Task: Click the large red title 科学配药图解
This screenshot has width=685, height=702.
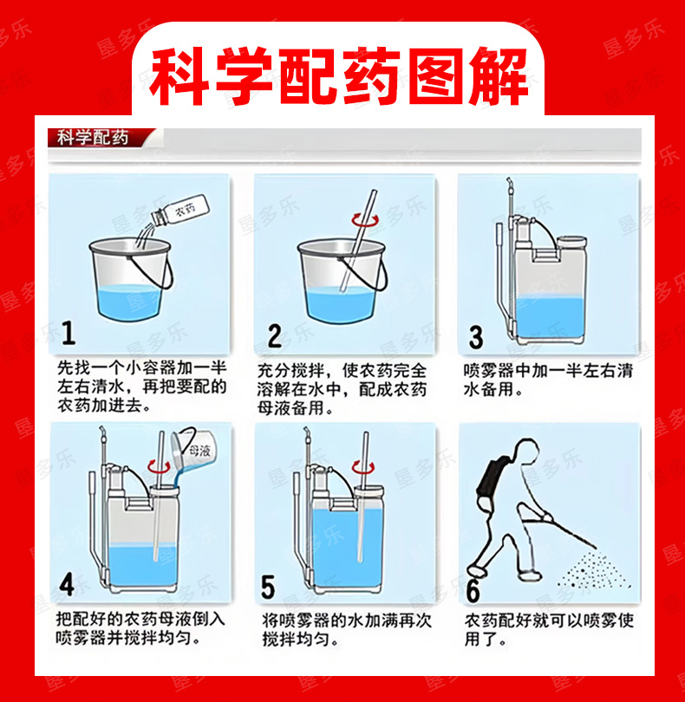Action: click(339, 76)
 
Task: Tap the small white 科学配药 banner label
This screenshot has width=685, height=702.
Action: click(93, 138)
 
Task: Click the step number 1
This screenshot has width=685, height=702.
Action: click(68, 333)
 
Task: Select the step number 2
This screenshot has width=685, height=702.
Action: click(274, 335)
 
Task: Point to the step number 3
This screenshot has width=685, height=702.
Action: click(476, 337)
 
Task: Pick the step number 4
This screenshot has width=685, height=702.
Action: click(67, 584)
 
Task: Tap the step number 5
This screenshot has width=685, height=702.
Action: click(268, 587)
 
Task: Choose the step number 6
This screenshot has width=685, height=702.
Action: click(473, 591)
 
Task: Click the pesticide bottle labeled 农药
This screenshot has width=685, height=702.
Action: click(180, 210)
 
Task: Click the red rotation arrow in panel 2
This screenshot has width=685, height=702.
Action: click(365, 220)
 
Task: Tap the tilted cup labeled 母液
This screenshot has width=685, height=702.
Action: click(193, 450)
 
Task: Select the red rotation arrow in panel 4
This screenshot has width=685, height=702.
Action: click(159, 466)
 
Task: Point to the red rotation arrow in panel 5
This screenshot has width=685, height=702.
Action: click(363, 466)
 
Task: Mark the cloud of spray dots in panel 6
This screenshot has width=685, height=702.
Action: click(593, 571)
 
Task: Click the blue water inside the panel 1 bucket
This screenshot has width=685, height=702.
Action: click(129, 302)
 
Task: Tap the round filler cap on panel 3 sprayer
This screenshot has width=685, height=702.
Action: click(572, 242)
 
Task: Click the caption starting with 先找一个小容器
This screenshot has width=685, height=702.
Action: click(142, 387)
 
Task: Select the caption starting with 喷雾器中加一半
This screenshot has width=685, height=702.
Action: click(548, 380)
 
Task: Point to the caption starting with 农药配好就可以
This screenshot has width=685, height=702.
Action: click(549, 629)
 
